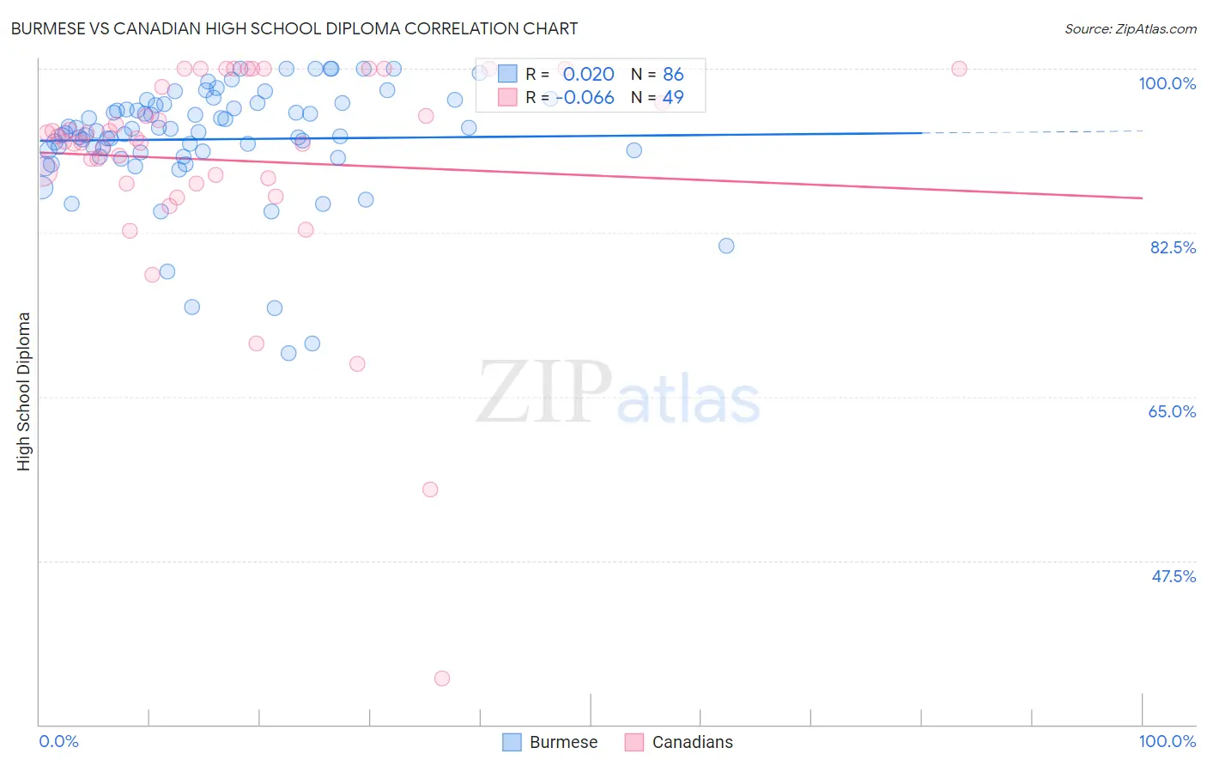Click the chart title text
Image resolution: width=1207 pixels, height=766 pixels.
[294, 28]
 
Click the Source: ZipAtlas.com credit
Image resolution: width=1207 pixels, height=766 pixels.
[1130, 28]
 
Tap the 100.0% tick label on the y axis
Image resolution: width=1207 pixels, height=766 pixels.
[1167, 83]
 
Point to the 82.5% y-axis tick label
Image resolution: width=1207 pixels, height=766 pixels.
[1173, 247]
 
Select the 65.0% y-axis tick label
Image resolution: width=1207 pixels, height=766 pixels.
[1172, 411]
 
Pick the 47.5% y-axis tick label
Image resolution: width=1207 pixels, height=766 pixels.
[1173, 576]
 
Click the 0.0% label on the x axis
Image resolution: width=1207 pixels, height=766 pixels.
[58, 741]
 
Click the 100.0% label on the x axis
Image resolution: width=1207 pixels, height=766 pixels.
[1167, 741]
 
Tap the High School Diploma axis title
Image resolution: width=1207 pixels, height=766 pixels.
[24, 391]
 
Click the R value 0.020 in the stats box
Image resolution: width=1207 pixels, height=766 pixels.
[588, 75]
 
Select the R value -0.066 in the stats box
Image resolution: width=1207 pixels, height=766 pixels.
[585, 98]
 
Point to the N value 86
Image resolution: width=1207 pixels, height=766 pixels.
[673, 75]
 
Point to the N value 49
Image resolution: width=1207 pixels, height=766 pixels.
[673, 98]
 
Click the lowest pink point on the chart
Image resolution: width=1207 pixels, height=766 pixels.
[442, 678]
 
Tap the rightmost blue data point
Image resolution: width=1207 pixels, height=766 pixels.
[726, 246]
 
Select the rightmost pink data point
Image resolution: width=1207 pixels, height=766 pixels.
[959, 69]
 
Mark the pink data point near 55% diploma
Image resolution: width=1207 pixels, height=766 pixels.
[430, 489]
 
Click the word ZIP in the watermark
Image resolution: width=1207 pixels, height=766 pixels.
[544, 392]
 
